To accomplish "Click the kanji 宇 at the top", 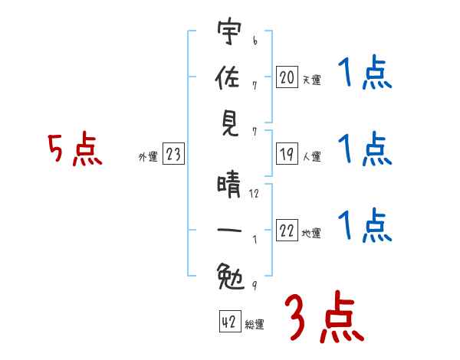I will pyautogui.click(x=228, y=34).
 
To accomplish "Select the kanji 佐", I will pyautogui.click(x=228, y=78).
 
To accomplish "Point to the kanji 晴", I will pyautogui.click(x=228, y=185).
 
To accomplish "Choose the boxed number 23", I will pyautogui.click(x=173, y=155).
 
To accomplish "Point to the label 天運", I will pyautogui.click(x=311, y=79).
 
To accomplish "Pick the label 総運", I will pyautogui.click(x=255, y=325).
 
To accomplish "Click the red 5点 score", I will pyautogui.click(x=75, y=149).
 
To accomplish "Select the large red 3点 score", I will pyautogui.click(x=324, y=319).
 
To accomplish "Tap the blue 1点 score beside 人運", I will pyautogui.click(x=365, y=149).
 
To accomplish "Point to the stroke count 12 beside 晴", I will pyautogui.click(x=255, y=194).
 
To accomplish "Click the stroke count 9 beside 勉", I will pyautogui.click(x=254, y=285).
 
